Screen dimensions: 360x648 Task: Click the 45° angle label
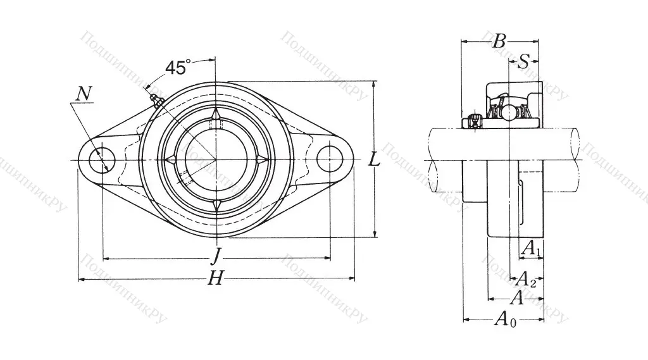tap(178, 67)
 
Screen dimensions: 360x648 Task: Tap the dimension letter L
tap(375, 160)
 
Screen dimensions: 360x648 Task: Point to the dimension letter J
tap(216, 256)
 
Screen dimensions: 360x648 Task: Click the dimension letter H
tap(216, 278)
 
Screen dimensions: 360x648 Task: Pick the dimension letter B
tap(499, 42)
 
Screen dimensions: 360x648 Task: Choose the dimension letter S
tap(524, 61)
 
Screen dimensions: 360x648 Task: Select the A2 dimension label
tap(526, 278)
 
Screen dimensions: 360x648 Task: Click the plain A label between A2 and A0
tap(516, 298)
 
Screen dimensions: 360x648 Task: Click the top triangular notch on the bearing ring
tap(216, 115)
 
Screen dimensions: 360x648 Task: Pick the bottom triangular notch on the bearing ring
tap(216, 204)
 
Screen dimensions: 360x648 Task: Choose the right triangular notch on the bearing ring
tap(261, 159)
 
